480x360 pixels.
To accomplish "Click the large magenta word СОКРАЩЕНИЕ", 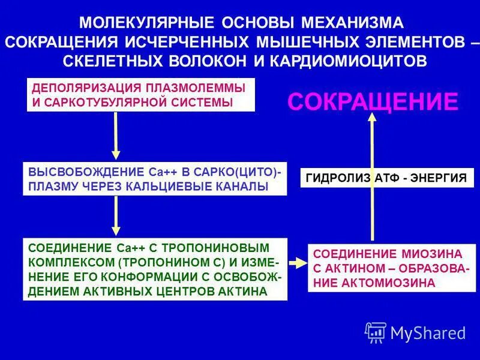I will pos(373,101).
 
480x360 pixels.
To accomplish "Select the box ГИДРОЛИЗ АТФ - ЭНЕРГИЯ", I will pos(387,178).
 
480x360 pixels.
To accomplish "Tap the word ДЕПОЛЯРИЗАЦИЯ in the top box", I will pos(73,88).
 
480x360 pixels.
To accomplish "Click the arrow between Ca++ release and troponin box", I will pos(116,215).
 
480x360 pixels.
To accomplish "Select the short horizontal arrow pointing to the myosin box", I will pos(297,263).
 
